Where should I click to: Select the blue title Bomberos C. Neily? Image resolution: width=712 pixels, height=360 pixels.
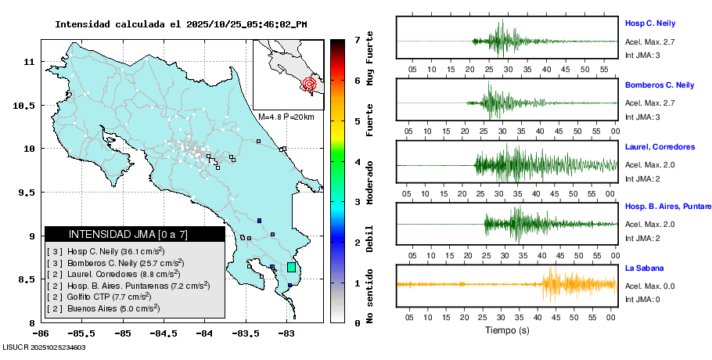tap(660, 85)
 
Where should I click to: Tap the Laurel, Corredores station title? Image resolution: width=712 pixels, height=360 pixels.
tap(660, 146)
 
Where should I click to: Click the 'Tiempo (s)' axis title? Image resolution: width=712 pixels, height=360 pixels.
tap(506, 331)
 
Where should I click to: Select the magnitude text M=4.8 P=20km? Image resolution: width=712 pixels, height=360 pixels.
tap(286, 117)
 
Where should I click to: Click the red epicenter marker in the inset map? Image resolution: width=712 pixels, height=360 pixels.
tap(309, 83)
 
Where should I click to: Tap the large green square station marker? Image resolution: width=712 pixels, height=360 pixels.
tap(291, 267)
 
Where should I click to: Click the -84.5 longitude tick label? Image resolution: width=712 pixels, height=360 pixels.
tap(164, 333)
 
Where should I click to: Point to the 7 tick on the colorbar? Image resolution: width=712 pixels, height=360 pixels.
tap(356, 39)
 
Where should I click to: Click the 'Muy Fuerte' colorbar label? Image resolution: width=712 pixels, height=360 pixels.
tap(370, 59)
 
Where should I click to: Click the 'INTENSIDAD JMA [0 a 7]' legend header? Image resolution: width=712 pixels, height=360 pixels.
tap(128, 234)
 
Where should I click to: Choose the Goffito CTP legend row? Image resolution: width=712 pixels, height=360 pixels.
tap(99, 297)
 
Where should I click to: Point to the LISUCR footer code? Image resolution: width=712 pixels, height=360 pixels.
tap(44, 347)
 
